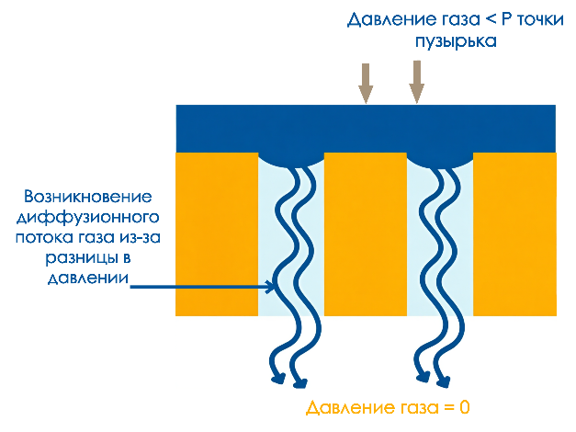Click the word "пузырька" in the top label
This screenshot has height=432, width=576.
point(456,41)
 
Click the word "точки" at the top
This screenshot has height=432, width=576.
point(540,19)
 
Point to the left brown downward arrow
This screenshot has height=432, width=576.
point(366,84)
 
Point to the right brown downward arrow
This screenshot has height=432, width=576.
point(416,82)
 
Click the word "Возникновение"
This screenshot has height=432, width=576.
point(88,197)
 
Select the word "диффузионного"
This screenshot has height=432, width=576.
point(88,218)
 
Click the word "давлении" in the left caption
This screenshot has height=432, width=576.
point(88,278)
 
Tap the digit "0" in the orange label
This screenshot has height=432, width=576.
point(464,407)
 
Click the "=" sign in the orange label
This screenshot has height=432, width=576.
point(448,408)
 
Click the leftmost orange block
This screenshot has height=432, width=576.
point(217,234)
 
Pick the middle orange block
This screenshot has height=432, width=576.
point(366,234)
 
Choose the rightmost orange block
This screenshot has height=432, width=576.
point(514,234)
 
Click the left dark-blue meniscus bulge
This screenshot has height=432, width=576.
point(291,160)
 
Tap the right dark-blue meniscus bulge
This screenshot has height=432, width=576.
point(440,160)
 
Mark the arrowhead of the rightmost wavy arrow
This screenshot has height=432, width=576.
point(444,382)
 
